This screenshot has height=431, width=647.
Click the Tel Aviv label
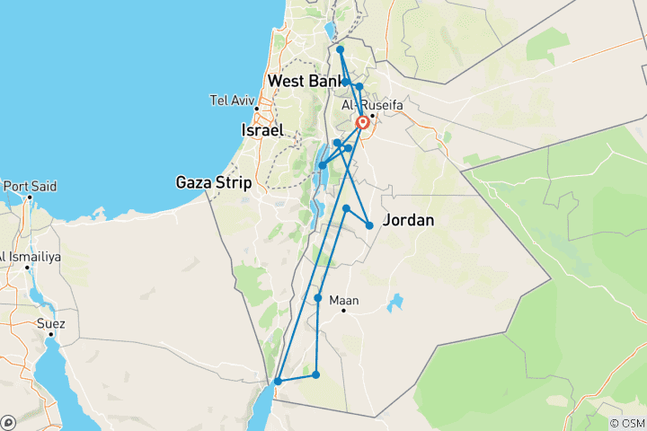tap(229, 100)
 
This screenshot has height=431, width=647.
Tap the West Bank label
tap(303, 81)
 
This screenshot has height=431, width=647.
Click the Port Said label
tap(30, 186)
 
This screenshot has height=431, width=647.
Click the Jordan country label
tap(409, 220)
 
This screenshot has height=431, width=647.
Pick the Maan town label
tap(344, 301)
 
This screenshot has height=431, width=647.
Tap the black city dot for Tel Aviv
tap(256, 110)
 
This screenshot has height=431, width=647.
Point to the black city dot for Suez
tap(51, 334)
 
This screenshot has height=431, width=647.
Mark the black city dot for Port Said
tap(30, 197)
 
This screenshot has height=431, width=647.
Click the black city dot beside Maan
tap(344, 312)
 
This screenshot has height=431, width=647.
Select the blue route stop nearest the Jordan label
tap(369, 225)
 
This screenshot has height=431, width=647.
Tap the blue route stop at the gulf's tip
tap(279, 382)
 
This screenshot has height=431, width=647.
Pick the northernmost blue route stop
tap(340, 49)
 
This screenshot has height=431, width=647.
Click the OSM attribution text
tap(627, 423)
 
